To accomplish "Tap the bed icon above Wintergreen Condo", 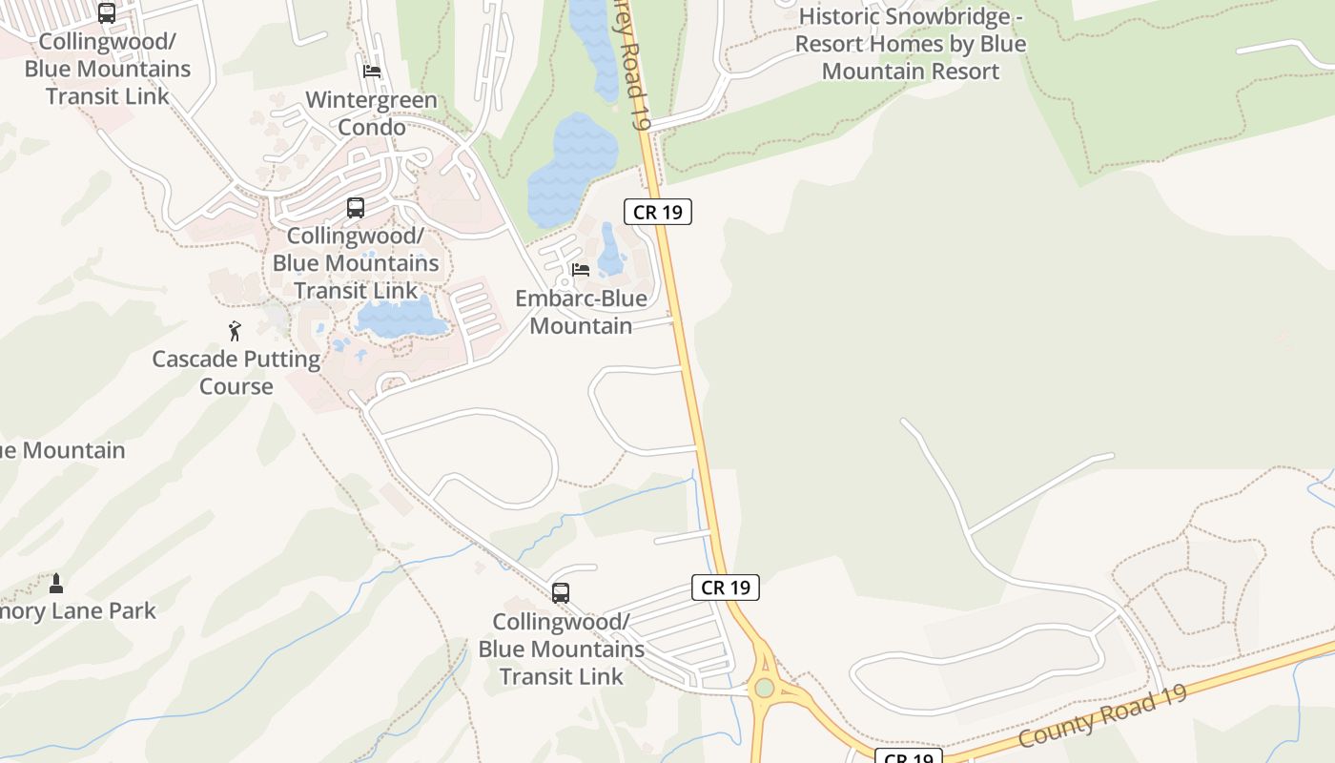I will [x=372, y=72].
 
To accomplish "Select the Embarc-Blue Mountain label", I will [x=581, y=312].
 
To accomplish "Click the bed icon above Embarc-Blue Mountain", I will [x=580, y=270].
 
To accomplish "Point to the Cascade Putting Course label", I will [x=236, y=373].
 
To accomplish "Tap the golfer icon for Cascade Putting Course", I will [x=236, y=331].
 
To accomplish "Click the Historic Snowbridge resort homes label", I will [x=911, y=44].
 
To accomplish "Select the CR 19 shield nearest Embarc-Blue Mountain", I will [x=658, y=212].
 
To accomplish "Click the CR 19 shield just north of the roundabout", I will [x=726, y=588].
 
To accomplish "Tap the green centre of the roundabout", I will [x=764, y=688].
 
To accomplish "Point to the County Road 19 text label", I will [x=1102, y=716].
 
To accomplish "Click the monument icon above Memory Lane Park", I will [x=56, y=583].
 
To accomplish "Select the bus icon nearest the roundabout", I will [x=561, y=593].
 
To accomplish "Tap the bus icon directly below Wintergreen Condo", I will [x=356, y=208].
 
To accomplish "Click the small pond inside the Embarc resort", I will [x=610, y=250].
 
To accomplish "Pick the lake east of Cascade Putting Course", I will [x=400, y=317].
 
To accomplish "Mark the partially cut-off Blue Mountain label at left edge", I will [x=61, y=450].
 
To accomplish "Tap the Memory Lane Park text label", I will [x=76, y=611].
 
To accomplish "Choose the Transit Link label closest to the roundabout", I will [x=562, y=650].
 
